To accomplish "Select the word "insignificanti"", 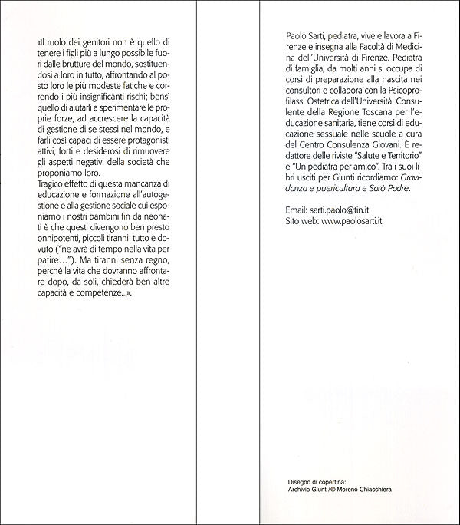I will click(x=104, y=97).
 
